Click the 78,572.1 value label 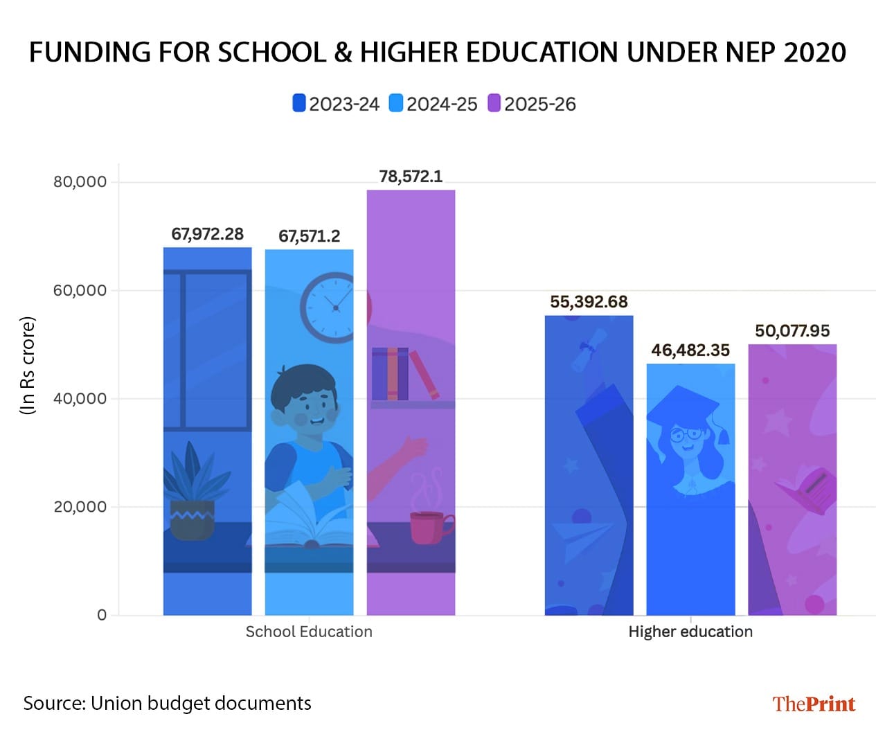411,177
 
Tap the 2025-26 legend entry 532,104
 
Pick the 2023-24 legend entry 336,104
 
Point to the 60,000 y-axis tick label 80,290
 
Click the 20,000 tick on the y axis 80,507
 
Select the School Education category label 309,632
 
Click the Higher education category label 690,632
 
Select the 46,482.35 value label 690,350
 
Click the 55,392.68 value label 589,302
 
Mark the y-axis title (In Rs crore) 27,366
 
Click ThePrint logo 814,704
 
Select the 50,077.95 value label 792,331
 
